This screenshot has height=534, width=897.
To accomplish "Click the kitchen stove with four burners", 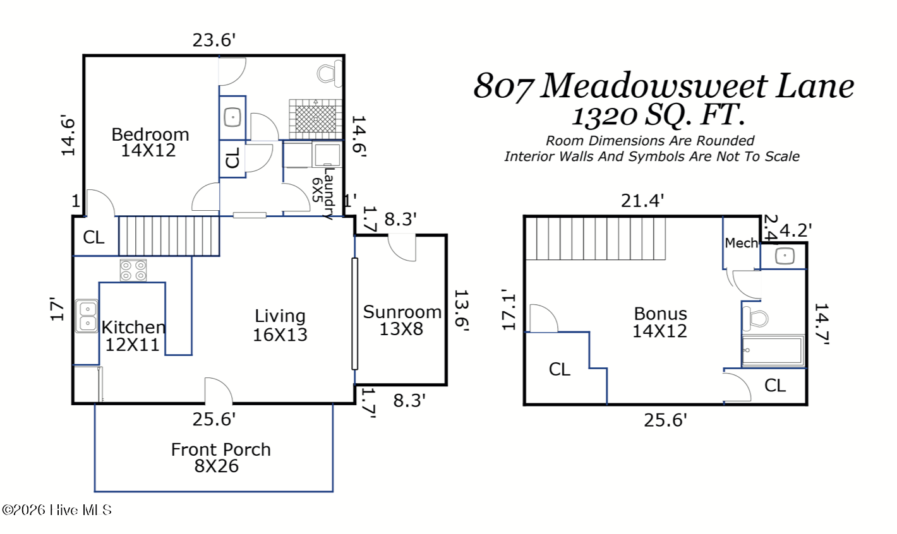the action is click(x=133, y=270).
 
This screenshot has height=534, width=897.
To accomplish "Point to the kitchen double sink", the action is click(x=87, y=316).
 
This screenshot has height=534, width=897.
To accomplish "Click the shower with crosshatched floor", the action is click(x=316, y=119).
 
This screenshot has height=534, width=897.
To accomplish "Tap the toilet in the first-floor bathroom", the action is click(x=330, y=73).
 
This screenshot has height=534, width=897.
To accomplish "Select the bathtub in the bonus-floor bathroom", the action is click(x=773, y=351).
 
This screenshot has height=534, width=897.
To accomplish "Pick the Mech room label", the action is click(x=741, y=243).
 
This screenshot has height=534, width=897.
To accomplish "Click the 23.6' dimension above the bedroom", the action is click(x=214, y=40).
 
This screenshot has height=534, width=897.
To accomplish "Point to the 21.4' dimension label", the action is click(x=642, y=201).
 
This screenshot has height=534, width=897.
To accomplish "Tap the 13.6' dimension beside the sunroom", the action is click(x=461, y=311).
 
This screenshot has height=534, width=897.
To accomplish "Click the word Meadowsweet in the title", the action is click(x=654, y=86).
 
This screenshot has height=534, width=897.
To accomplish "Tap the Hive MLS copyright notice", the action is click(x=57, y=510).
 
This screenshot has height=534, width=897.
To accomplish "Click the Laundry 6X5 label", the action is click(x=323, y=194).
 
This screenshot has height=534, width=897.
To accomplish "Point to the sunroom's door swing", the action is click(x=402, y=248).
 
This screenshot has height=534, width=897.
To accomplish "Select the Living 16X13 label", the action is click(x=280, y=325).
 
